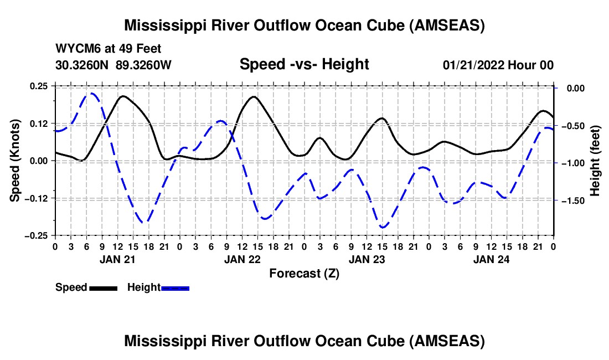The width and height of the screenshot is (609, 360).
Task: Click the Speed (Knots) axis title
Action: tap(16, 161)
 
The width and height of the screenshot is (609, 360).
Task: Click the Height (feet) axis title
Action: tap(595, 161)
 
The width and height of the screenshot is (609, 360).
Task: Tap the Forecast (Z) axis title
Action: tap(304, 273)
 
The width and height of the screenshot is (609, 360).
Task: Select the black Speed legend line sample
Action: tap(103, 287)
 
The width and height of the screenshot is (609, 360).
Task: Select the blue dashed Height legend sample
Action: tap(175, 287)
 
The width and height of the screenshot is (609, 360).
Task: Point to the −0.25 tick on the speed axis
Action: tap(38, 235)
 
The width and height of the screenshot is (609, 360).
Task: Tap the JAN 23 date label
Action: tap(366, 259)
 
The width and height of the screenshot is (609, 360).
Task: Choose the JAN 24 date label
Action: tap(491, 259)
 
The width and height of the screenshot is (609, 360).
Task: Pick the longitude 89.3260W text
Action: tap(144, 65)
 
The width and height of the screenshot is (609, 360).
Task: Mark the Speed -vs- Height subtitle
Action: tap(304, 64)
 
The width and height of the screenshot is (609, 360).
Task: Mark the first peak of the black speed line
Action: tap(122, 96)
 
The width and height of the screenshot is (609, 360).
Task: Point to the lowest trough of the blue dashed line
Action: tap(383, 227)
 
